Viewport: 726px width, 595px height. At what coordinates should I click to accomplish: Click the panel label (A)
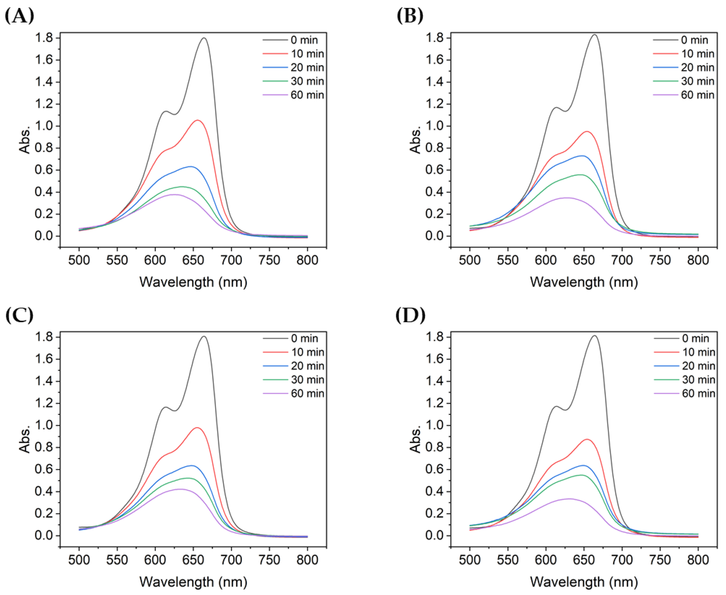coord(19,16)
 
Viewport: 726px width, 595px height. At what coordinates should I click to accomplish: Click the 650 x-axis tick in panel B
coord(584,260)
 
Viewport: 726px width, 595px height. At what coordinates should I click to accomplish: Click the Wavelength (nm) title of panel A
coord(193,282)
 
